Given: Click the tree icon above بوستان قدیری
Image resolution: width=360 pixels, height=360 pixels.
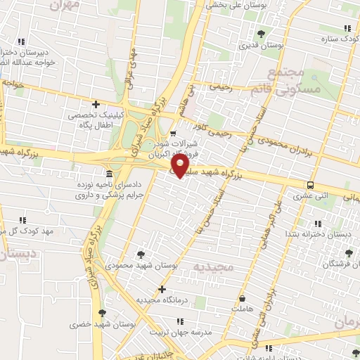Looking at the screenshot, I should click(x=261, y=33).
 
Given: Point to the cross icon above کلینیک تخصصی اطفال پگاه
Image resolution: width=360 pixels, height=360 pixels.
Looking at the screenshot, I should click(x=96, y=104).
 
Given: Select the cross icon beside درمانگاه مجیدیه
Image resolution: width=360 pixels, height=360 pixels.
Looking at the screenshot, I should click(x=162, y=289).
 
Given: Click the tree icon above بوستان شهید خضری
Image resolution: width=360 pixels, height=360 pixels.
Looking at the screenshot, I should click(x=103, y=313).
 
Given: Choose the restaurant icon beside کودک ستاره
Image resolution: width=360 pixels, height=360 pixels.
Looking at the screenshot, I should click(x=346, y=28).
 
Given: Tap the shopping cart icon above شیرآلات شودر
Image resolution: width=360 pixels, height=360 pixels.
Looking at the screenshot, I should click(x=173, y=132).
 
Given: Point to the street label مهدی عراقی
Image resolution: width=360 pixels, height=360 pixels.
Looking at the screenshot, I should click(x=129, y=63).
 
